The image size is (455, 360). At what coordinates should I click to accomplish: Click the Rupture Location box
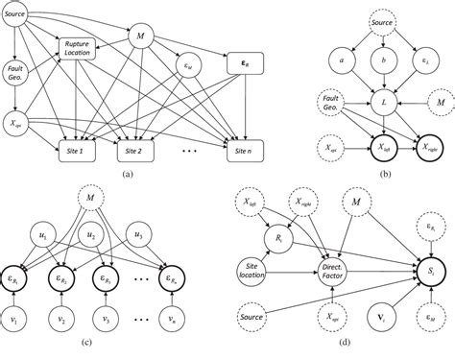coord(84,50)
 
